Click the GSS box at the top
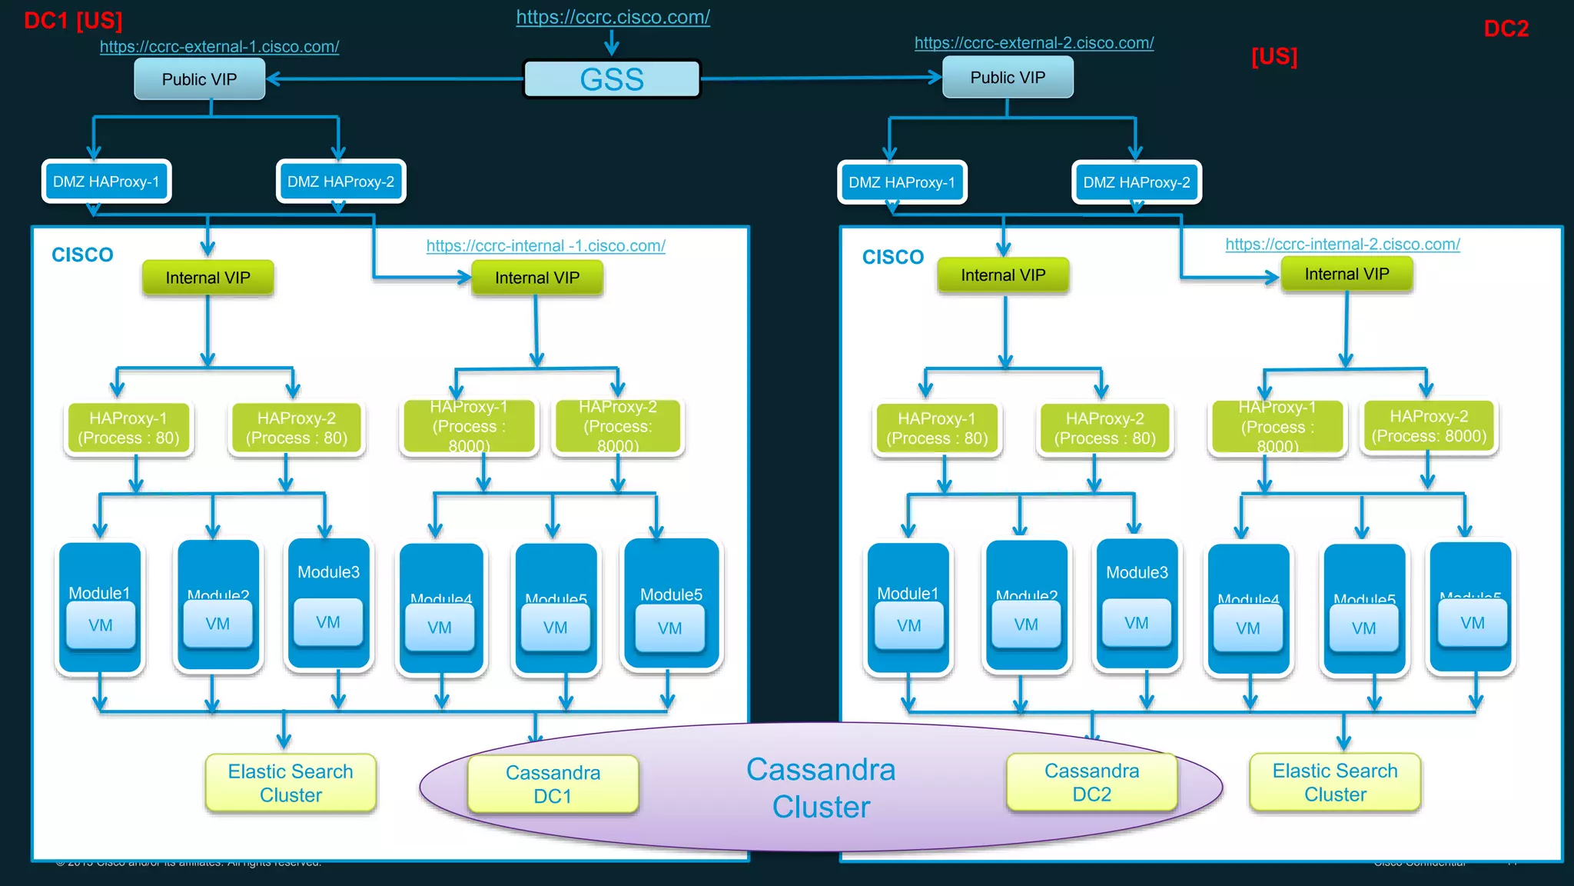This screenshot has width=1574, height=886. (612, 79)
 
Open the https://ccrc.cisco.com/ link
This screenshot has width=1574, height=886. (613, 17)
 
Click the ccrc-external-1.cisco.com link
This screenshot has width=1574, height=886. (219, 47)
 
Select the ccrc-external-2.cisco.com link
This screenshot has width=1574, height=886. (1034, 43)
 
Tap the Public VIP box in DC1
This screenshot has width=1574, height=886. (199, 79)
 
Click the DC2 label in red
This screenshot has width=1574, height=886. (1506, 29)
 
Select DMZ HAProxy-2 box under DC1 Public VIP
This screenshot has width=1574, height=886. (340, 182)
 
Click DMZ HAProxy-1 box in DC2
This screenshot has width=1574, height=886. (902, 183)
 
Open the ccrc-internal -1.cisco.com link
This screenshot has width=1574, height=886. (546, 246)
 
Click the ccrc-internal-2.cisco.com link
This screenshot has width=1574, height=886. (1342, 245)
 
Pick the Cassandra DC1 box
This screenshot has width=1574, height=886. (553, 784)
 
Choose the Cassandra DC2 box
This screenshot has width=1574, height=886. (1091, 782)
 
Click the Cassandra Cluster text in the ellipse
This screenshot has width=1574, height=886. (821, 788)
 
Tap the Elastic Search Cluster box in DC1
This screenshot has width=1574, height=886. (291, 783)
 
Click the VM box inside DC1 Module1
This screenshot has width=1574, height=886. (101, 625)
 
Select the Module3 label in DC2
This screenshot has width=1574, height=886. (1137, 573)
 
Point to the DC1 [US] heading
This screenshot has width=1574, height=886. (73, 21)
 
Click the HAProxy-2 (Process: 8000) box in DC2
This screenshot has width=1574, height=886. (1429, 427)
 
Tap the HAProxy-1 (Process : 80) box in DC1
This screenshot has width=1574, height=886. (128, 428)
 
